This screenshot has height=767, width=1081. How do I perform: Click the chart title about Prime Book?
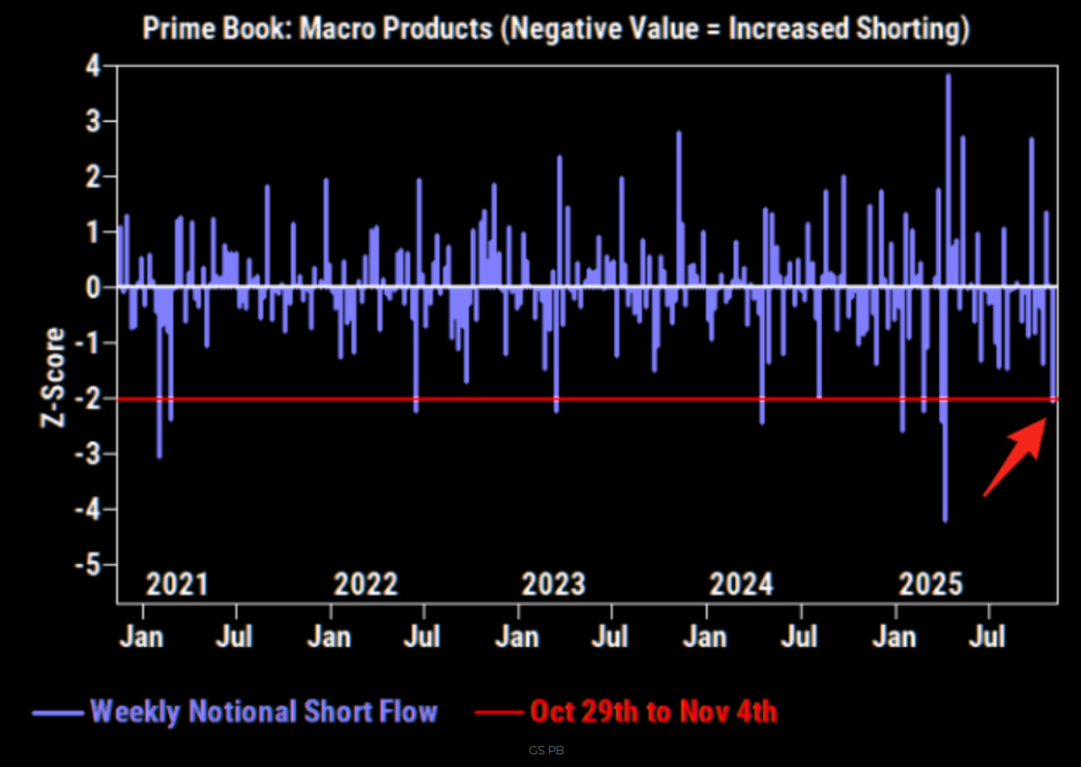(x=556, y=29)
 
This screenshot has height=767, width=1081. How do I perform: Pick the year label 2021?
(x=177, y=584)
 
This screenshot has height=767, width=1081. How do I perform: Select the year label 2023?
(x=553, y=584)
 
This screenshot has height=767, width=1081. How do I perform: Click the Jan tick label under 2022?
(x=329, y=637)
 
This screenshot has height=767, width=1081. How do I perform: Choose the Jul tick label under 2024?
(x=798, y=637)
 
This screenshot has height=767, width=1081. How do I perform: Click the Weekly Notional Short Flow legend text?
(x=264, y=711)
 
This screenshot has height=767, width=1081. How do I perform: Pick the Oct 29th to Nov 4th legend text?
(x=653, y=711)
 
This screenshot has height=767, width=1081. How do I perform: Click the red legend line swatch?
(x=498, y=712)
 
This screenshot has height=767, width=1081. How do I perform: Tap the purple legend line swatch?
(x=58, y=712)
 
